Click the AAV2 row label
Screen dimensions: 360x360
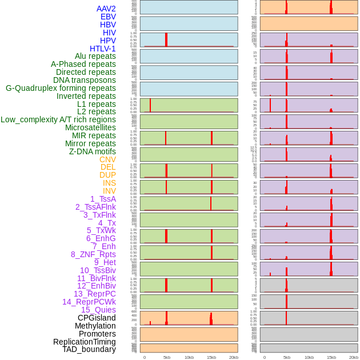tap(106, 9)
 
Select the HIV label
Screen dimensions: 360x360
tap(109, 33)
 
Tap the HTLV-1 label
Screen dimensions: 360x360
tap(103, 49)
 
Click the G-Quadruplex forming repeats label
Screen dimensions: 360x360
tap(61, 88)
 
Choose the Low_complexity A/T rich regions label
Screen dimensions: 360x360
tap(58, 119)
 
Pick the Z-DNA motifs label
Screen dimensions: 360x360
tap(93, 151)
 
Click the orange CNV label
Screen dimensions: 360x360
tap(107, 159)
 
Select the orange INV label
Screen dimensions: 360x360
tap(109, 191)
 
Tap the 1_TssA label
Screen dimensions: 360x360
tap(103, 199)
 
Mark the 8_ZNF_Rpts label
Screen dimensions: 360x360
tap(93, 254)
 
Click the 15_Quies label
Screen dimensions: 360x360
tap(98, 310)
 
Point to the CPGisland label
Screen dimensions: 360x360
tap(97, 318)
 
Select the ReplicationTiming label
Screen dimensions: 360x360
tap(85, 342)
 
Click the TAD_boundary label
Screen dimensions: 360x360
tap(89, 349)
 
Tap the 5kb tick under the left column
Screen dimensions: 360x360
tap(167, 357)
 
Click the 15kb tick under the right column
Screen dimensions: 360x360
tap(331, 357)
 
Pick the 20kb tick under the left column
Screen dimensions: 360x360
tap(233, 357)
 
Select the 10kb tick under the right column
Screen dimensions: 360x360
tap(309, 357)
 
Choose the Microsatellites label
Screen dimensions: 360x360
tap(90, 127)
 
